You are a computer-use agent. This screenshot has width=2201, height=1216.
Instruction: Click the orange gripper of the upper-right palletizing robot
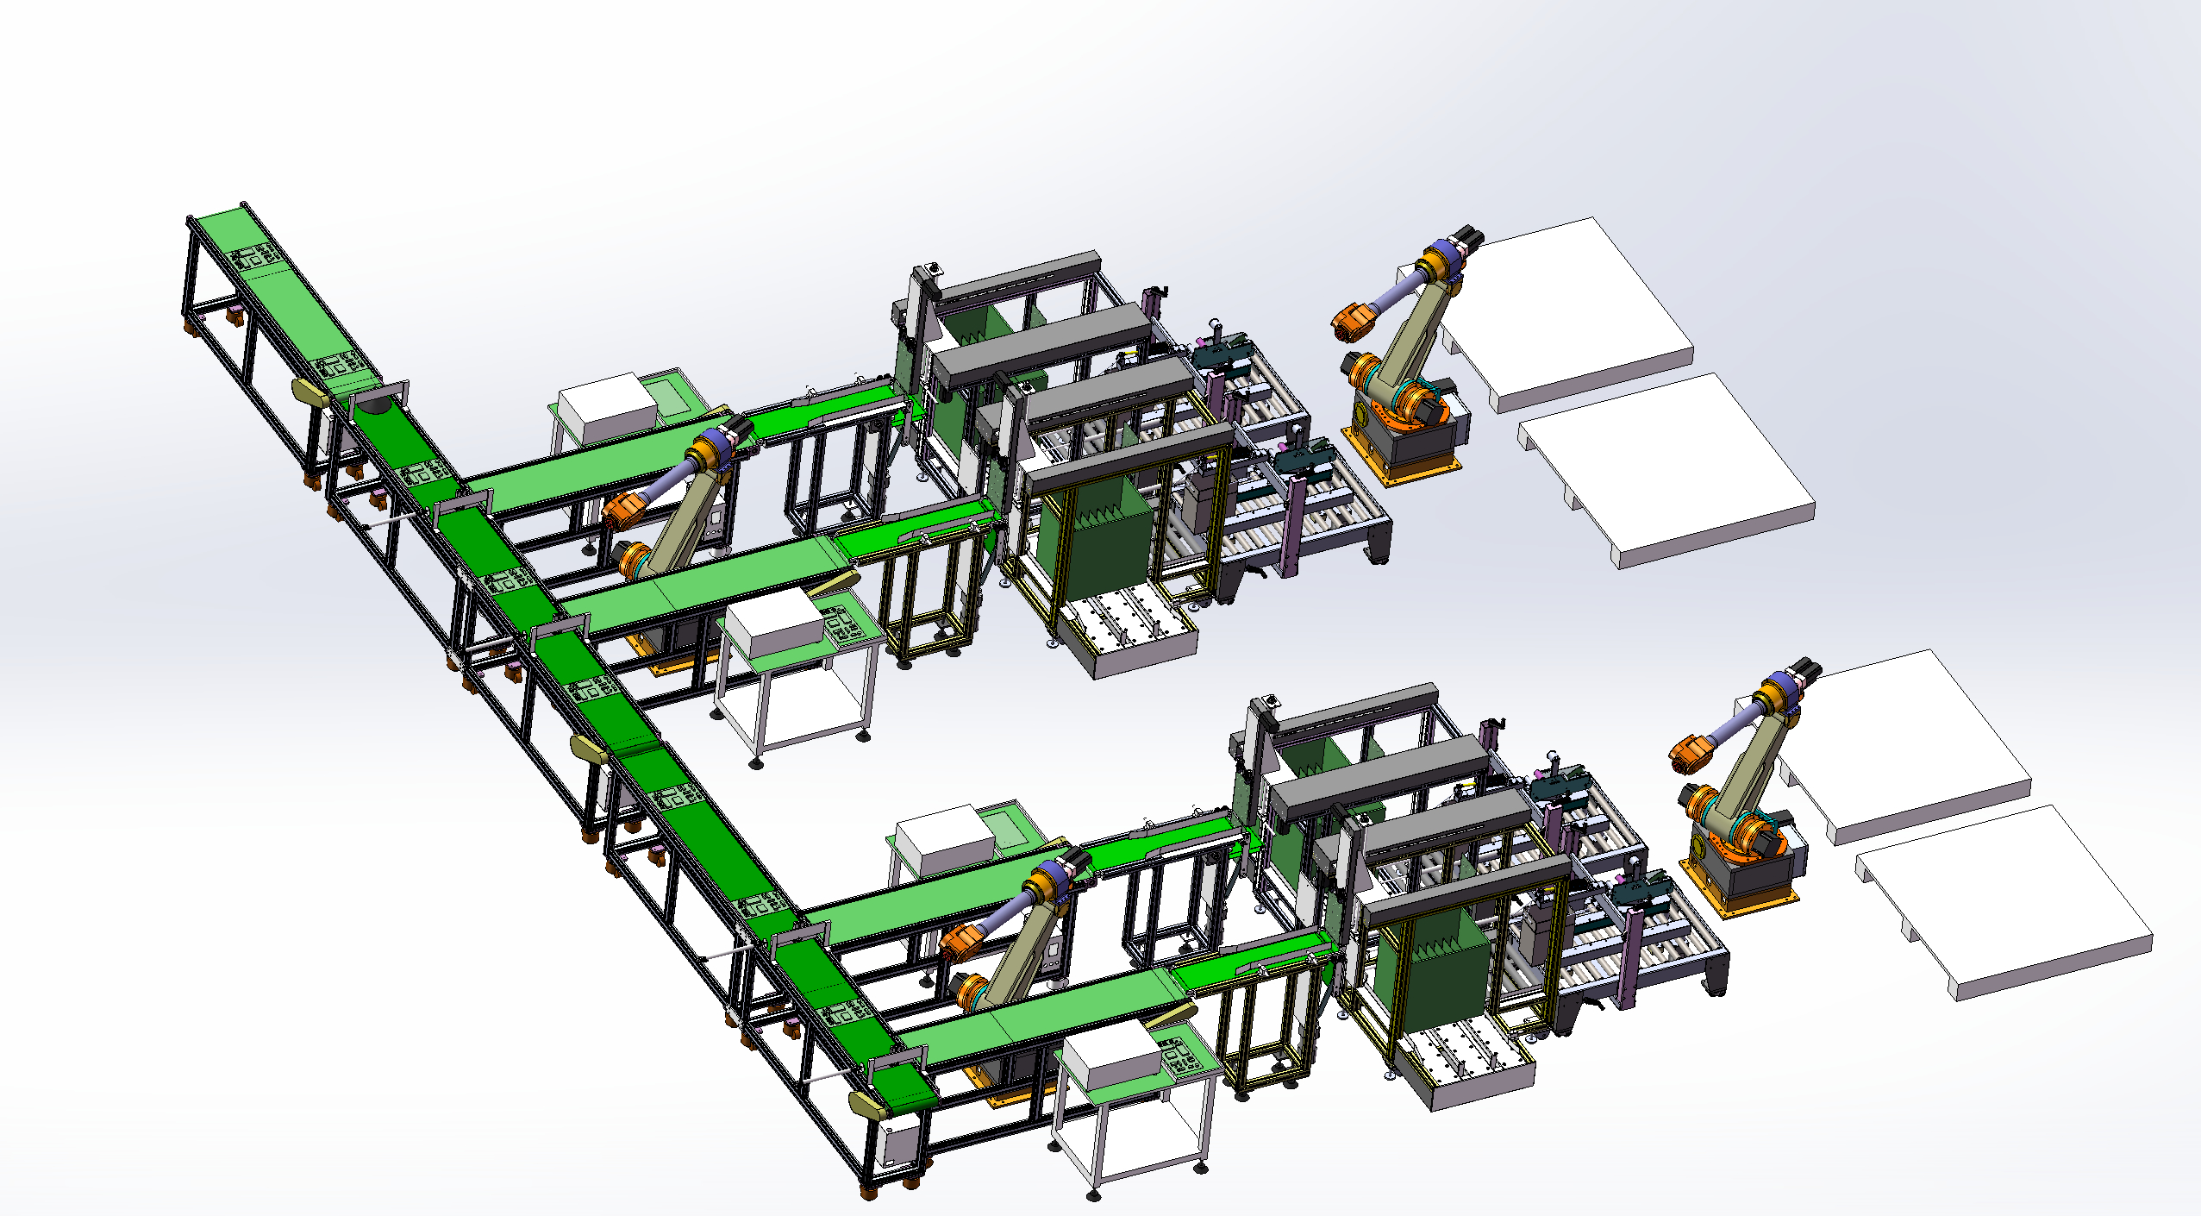point(1348,323)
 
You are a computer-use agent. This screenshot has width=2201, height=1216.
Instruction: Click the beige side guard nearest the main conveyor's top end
point(310,393)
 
